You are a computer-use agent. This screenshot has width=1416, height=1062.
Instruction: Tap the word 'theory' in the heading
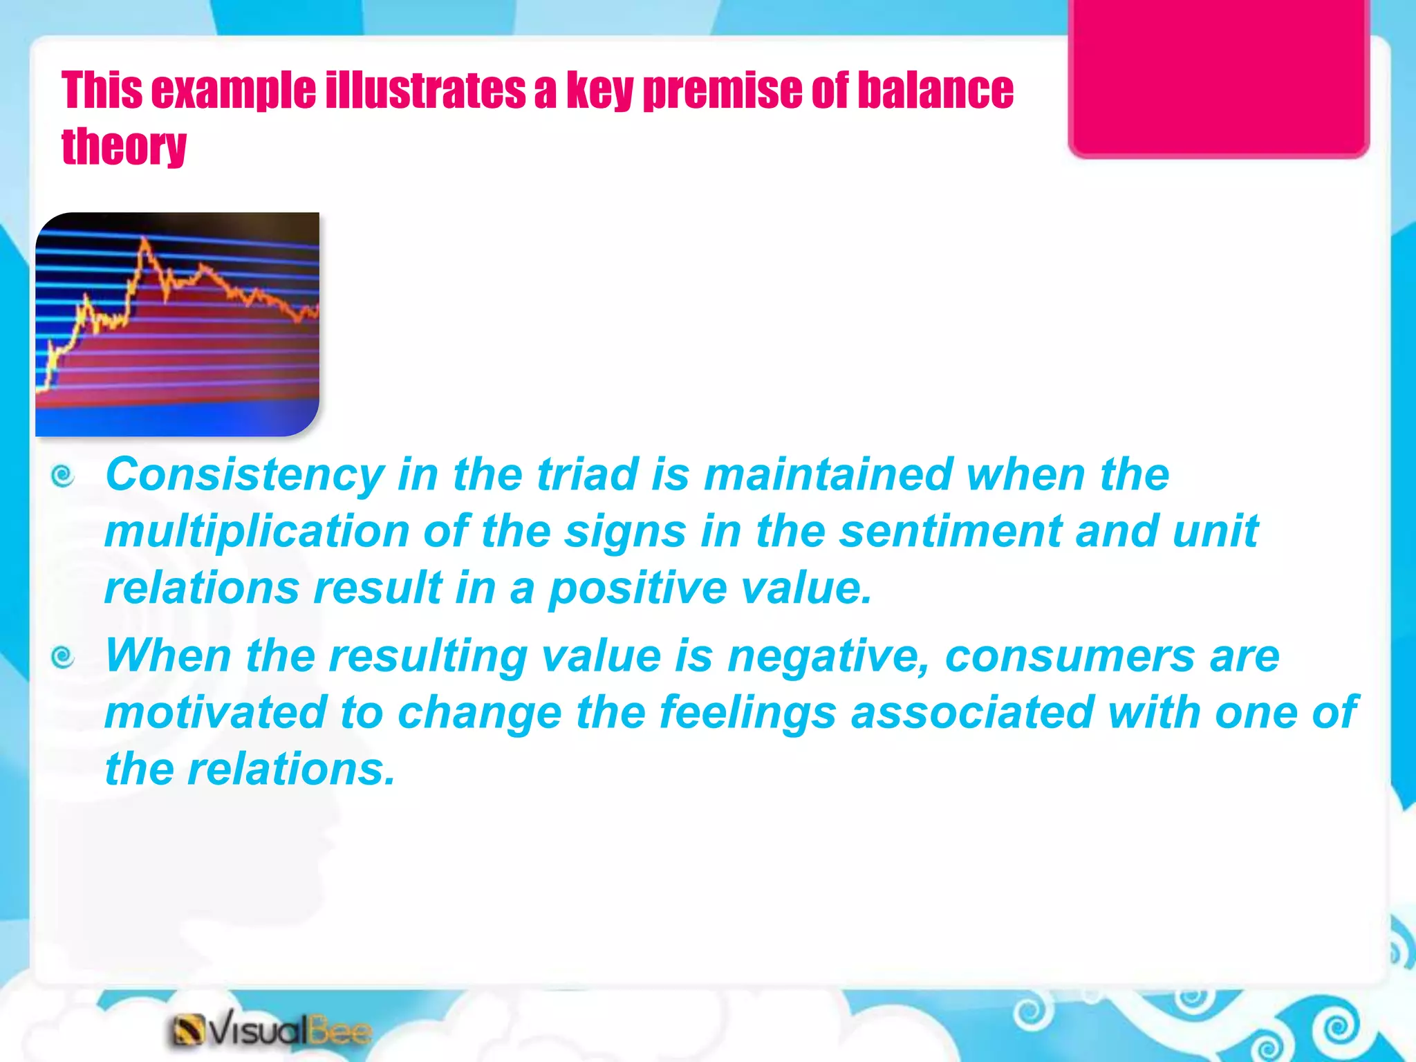(x=124, y=147)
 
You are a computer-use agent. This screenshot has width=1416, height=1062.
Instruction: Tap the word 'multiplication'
(x=257, y=532)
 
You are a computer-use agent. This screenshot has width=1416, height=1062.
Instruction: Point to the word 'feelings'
(x=747, y=714)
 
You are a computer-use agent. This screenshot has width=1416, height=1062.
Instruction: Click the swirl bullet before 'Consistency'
(x=63, y=476)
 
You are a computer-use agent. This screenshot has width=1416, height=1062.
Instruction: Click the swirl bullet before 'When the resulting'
(x=63, y=657)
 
